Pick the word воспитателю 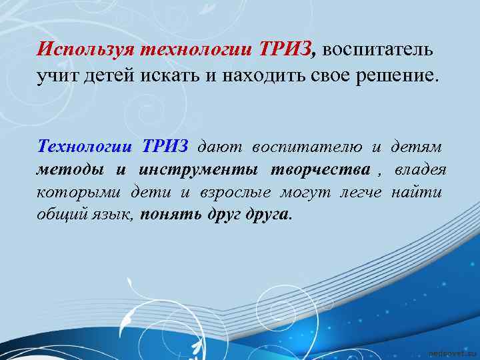coord(306,147)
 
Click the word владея coord(421,170)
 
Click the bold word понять coord(173,215)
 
